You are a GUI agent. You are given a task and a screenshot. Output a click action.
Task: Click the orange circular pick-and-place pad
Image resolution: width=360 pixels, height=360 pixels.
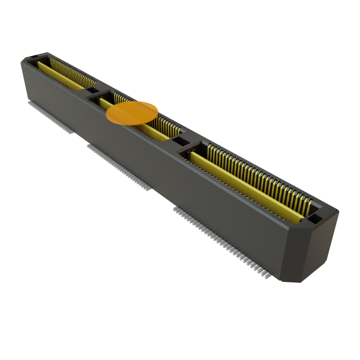tap(132, 112)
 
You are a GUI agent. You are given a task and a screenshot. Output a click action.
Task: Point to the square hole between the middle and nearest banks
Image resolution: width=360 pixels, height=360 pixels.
tap(181, 142)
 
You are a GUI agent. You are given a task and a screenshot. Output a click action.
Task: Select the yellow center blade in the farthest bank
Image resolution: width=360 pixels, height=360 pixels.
tap(60, 75)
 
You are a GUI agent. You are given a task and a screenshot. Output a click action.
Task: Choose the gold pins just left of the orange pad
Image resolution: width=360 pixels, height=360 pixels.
tap(120, 98)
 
